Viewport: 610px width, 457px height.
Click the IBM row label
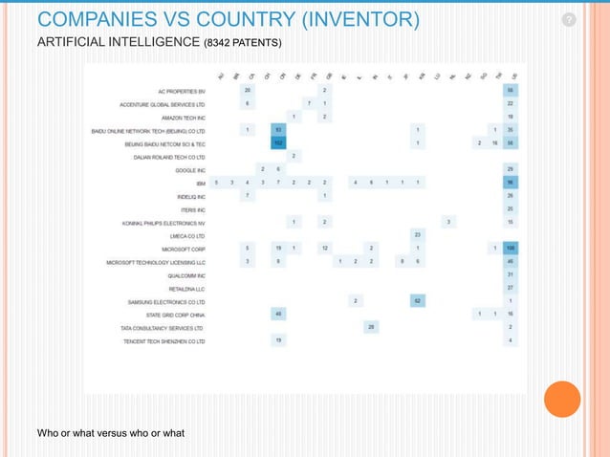tap(199, 182)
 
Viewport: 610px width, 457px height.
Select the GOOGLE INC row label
tap(190, 168)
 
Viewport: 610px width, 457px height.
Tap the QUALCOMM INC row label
tap(186, 274)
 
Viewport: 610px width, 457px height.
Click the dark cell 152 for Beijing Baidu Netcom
tap(278, 142)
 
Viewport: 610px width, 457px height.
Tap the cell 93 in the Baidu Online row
tap(278, 129)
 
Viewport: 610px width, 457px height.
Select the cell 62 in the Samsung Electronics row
tap(418, 301)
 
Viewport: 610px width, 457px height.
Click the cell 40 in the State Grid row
tap(278, 315)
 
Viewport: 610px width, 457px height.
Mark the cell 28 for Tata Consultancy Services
tap(371, 327)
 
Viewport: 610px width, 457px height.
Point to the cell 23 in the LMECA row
tap(418, 234)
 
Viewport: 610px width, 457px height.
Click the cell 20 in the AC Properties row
tap(248, 90)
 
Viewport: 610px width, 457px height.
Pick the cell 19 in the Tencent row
tap(278, 340)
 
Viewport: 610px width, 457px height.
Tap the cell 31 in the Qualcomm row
tap(512, 274)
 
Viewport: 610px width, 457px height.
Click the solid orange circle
tap(562, 400)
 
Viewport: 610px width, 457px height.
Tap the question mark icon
tap(569, 20)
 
